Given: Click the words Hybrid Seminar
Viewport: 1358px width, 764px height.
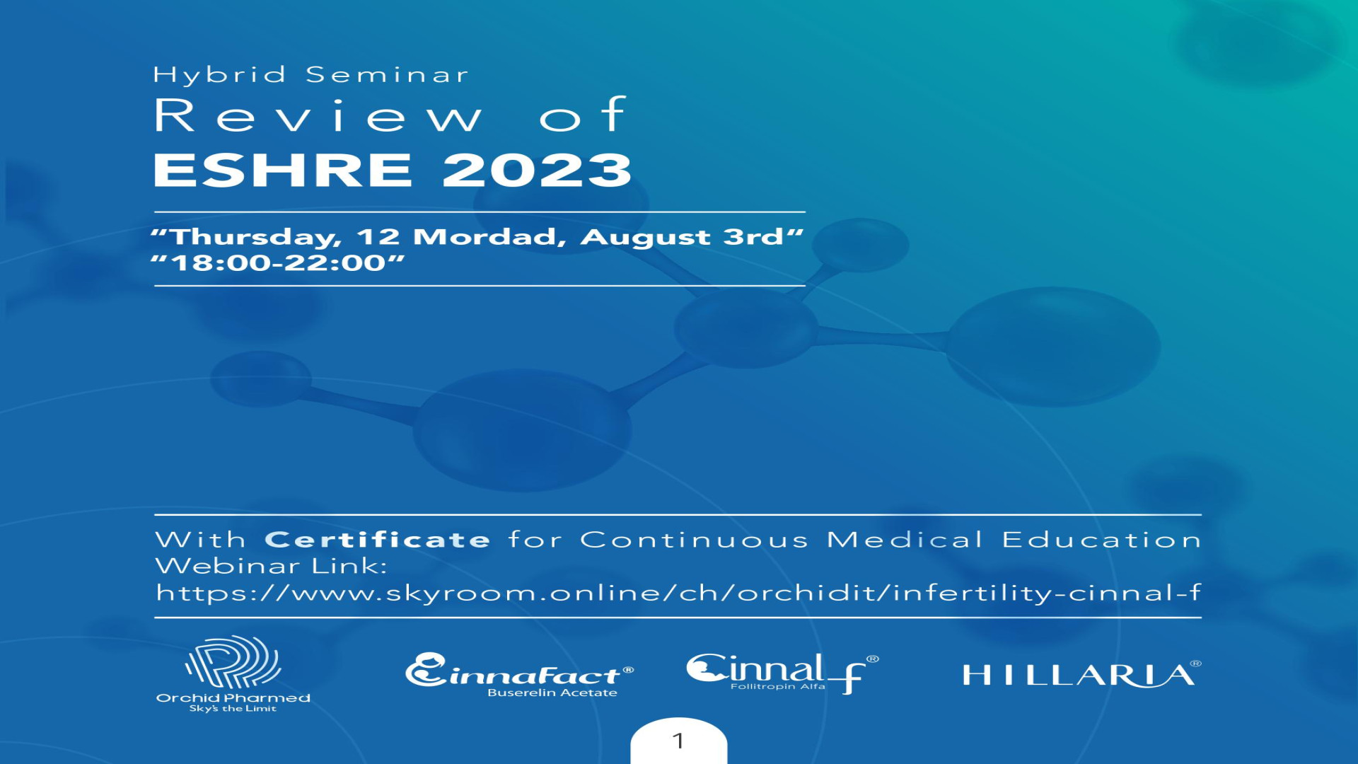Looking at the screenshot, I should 311,75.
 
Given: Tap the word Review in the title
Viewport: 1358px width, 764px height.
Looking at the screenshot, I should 318,116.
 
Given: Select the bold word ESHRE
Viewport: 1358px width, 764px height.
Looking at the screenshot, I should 283,170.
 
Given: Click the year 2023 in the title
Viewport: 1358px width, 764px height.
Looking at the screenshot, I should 537,170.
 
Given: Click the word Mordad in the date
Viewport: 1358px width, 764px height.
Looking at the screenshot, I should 489,237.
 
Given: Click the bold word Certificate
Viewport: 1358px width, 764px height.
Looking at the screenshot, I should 377,540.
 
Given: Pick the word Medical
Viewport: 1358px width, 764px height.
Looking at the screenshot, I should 905,540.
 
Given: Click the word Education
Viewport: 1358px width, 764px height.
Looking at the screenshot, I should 1101,540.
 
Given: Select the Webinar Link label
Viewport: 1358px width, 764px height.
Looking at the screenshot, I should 271,566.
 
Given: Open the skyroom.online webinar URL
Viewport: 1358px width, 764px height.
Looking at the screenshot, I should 678,593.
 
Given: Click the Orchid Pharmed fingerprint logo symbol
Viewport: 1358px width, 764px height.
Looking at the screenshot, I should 233,662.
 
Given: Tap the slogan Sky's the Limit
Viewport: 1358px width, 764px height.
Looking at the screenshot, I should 233,709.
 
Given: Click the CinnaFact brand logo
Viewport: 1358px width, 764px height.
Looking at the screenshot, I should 519,671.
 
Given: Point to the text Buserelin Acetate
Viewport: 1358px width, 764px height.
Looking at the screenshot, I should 552,693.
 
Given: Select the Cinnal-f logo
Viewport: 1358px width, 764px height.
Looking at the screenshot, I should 782,672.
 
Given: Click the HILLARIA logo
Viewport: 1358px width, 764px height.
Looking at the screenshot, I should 1081,676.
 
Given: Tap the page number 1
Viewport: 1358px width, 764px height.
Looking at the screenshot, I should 678,741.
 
